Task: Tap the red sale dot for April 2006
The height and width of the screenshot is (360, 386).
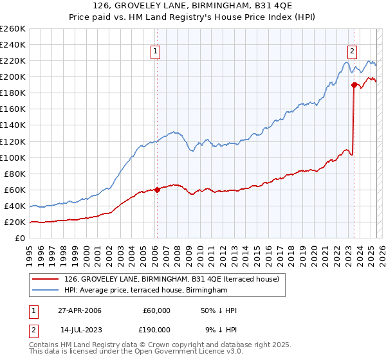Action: click(158, 190)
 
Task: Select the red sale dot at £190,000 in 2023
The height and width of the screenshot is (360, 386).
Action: click(354, 84)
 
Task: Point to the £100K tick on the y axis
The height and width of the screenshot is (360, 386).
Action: click(14, 157)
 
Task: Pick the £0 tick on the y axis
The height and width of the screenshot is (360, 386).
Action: click(20, 239)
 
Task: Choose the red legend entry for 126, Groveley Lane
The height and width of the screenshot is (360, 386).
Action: click(171, 279)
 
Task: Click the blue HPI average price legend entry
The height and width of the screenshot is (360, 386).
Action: click(146, 291)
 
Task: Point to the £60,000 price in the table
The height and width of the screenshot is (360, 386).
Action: click(156, 310)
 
